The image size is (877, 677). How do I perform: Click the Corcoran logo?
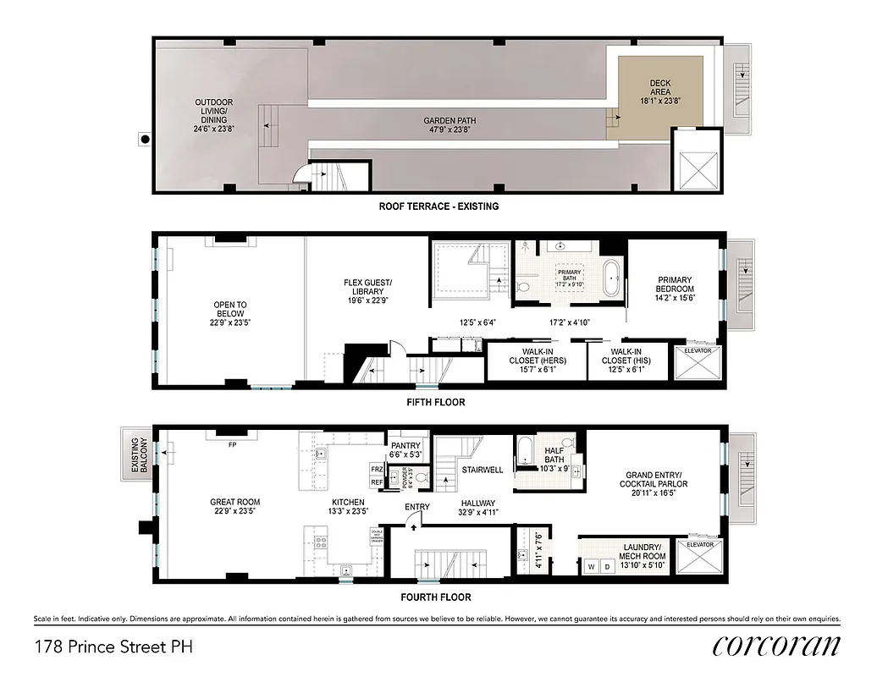point(775,646)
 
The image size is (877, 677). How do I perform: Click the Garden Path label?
point(449,125)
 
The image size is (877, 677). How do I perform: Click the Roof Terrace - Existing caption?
point(438,206)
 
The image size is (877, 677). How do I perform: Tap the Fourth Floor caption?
point(438,597)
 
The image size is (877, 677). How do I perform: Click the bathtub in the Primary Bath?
point(609,278)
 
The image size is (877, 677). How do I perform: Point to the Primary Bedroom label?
point(675,285)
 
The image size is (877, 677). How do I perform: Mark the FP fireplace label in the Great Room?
point(232,443)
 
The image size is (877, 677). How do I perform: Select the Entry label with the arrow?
point(416,507)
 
